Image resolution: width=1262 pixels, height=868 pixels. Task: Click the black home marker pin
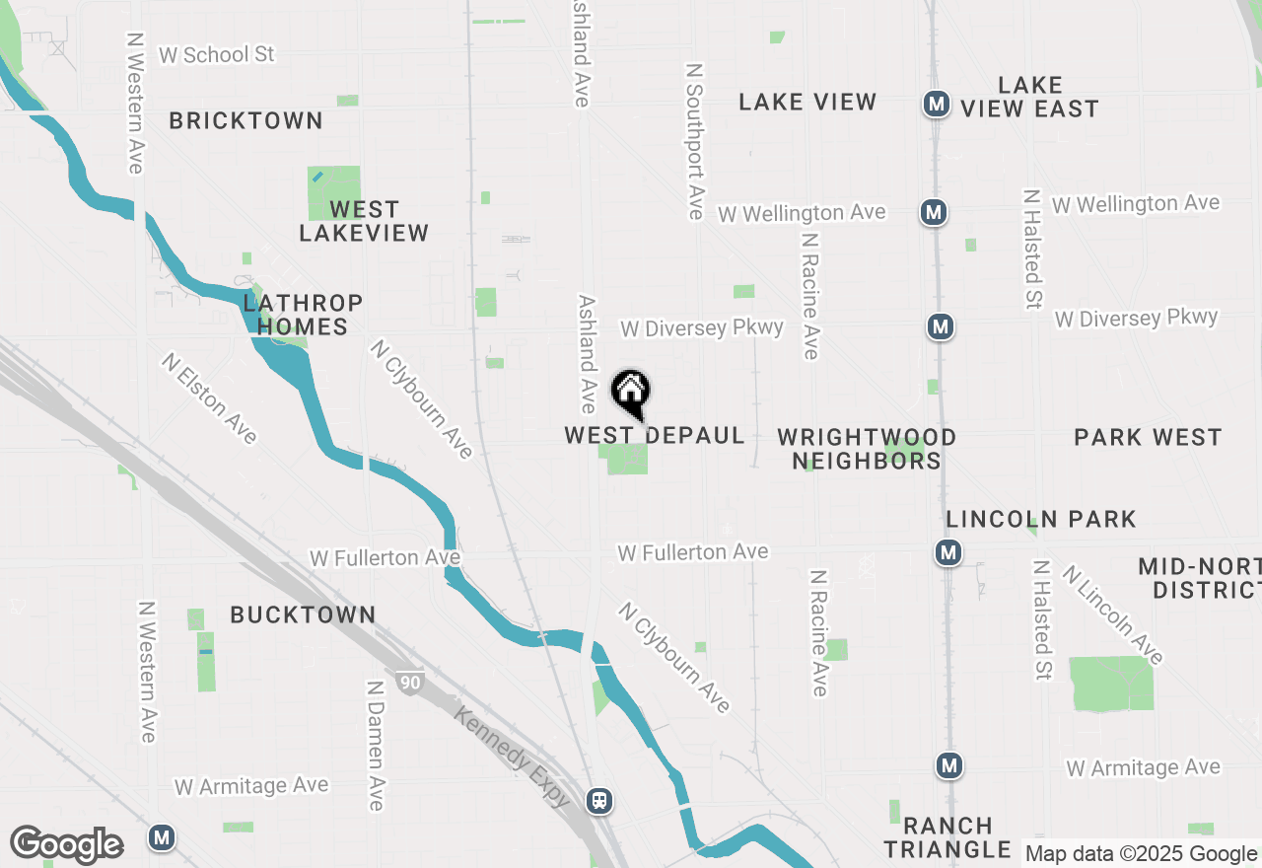pos(631,393)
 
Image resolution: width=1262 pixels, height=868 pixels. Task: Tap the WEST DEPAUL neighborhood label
pos(655,436)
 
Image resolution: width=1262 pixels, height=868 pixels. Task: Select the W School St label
pos(217,54)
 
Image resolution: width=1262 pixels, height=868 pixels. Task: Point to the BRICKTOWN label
pos(245,120)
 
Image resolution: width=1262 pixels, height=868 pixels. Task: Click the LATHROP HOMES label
pos(303,315)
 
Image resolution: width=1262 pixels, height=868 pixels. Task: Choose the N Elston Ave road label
pos(209,398)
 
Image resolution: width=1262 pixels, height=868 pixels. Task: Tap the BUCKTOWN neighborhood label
pos(303,615)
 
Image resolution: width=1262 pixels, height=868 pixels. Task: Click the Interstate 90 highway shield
pos(410,682)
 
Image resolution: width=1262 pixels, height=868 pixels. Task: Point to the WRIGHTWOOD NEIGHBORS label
pos(867,449)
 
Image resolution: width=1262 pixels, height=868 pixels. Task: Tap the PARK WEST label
pos(1148,437)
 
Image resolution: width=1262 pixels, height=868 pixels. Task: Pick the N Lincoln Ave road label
pos(1113,614)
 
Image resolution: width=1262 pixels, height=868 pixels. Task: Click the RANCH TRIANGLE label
pos(947,837)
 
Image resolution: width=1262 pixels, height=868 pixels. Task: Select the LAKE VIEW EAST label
pos(1029,97)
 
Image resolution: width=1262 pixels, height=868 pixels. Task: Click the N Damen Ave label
pos(375,745)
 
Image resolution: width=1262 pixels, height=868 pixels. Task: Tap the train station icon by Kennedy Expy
pos(598,800)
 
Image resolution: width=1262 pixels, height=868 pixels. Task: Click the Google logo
pos(66,845)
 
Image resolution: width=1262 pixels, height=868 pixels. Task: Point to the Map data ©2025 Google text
pos(1140,854)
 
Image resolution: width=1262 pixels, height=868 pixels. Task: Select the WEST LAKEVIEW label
pos(364,221)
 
